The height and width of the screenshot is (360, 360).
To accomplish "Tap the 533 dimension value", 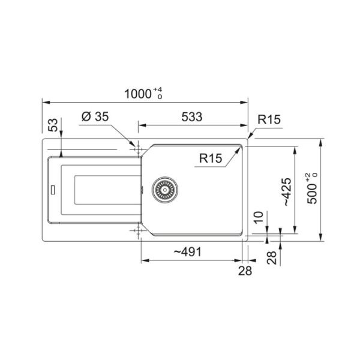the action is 192,117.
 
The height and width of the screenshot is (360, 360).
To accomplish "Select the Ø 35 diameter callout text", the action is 95,116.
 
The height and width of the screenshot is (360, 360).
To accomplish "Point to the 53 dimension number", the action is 53,125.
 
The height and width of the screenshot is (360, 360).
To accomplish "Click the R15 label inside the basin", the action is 211,158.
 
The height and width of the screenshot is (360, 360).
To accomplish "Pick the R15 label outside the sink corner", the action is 269,119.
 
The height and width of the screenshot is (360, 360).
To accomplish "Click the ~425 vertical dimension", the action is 287,192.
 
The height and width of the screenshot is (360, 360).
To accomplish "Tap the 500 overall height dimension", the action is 312,188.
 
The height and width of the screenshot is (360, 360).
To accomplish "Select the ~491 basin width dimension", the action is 188,252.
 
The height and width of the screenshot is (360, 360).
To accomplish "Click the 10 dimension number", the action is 258,217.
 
